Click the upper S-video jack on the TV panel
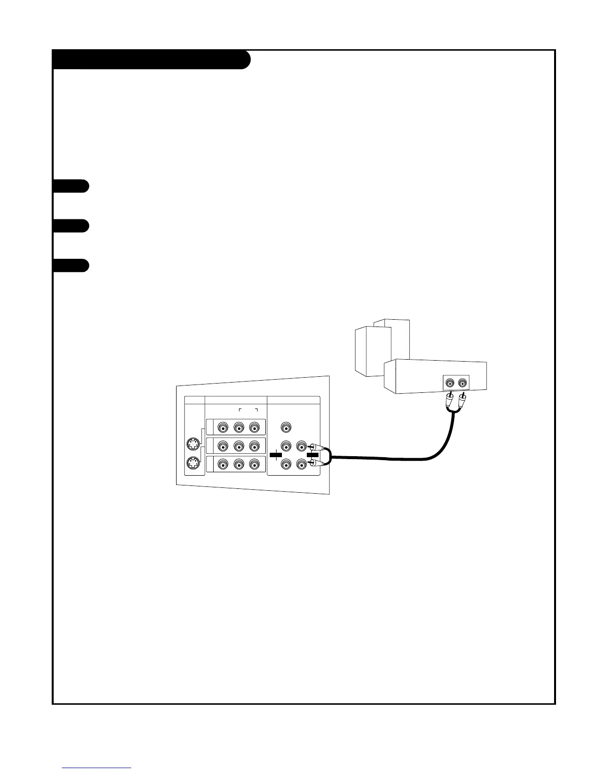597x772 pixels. [194, 444]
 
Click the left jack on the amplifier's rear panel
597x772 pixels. [451, 383]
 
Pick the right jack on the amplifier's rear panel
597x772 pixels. [462, 383]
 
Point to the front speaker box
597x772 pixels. [373, 351]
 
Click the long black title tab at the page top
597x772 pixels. [151, 59]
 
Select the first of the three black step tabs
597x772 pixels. [71, 186]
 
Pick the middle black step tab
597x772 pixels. [71, 226]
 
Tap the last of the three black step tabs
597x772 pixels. [71, 266]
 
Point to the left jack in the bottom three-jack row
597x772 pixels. [223, 464]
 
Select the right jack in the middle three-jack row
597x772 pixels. [254, 446]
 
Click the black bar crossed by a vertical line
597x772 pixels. [276, 455]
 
